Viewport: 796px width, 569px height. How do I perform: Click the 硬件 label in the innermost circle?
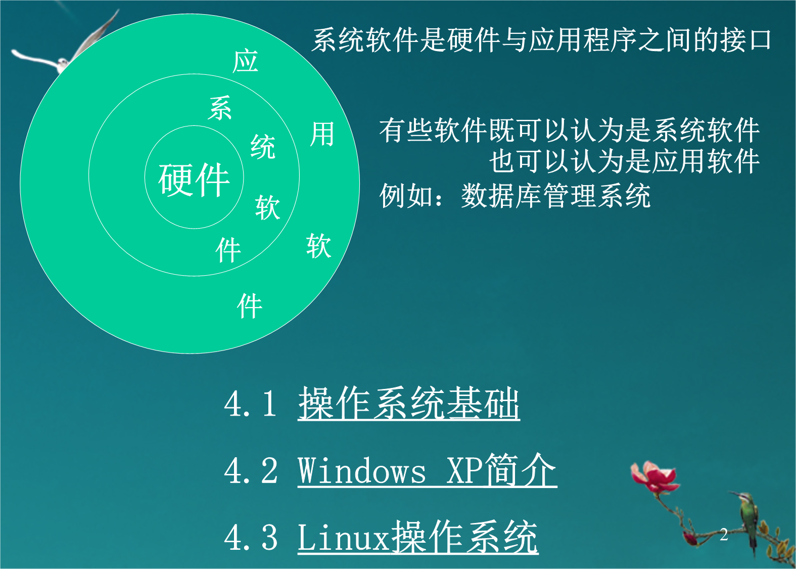pos(194,180)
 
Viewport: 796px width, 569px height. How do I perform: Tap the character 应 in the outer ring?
pos(245,61)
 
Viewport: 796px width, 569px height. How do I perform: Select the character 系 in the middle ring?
pos(220,108)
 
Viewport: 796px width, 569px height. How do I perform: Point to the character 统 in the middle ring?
pos(263,147)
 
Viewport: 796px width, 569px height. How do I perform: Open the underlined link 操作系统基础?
pos(409,403)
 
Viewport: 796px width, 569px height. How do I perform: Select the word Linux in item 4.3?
pos(344,537)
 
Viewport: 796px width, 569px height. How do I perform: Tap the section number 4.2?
pos(251,470)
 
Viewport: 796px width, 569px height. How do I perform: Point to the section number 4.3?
pos(251,537)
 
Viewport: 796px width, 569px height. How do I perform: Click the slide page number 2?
pos(724,535)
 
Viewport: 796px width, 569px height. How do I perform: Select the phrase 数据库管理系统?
pos(556,195)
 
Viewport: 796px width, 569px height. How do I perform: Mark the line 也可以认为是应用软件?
pos(624,161)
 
